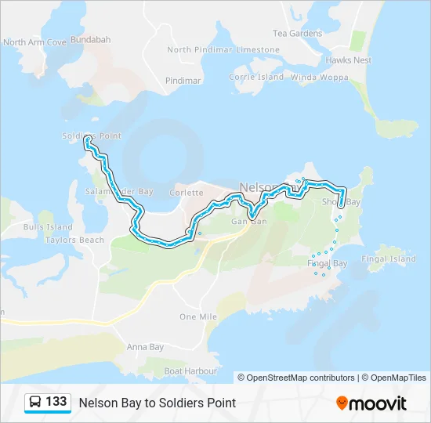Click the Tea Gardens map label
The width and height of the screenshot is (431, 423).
(297, 34)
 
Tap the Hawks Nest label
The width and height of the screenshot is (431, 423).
(349, 60)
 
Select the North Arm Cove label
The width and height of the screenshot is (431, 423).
(34, 42)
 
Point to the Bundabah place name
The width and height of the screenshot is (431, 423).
(91, 38)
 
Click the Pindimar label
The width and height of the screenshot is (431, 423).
(183, 81)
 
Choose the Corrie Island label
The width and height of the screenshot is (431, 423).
(256, 78)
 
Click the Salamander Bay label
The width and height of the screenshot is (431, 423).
(118, 191)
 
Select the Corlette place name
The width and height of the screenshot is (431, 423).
(187, 193)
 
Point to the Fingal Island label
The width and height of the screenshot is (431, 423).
(389, 258)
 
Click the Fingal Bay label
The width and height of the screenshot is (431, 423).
(328, 264)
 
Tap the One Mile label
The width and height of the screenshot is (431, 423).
(197, 316)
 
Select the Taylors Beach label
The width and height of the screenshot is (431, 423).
(74, 240)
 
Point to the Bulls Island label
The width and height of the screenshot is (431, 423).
(48, 227)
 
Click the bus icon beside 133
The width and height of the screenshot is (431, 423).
(36, 402)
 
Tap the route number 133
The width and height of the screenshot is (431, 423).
(56, 402)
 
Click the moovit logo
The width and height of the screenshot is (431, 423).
(371, 403)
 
